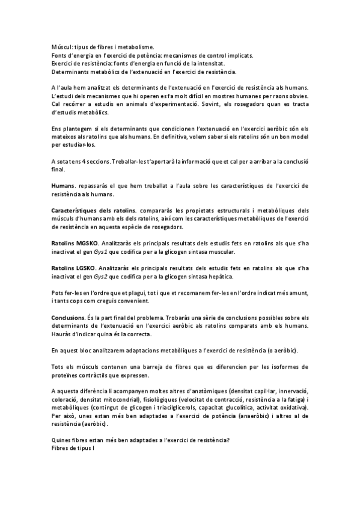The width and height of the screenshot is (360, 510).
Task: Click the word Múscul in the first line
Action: [61, 46]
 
